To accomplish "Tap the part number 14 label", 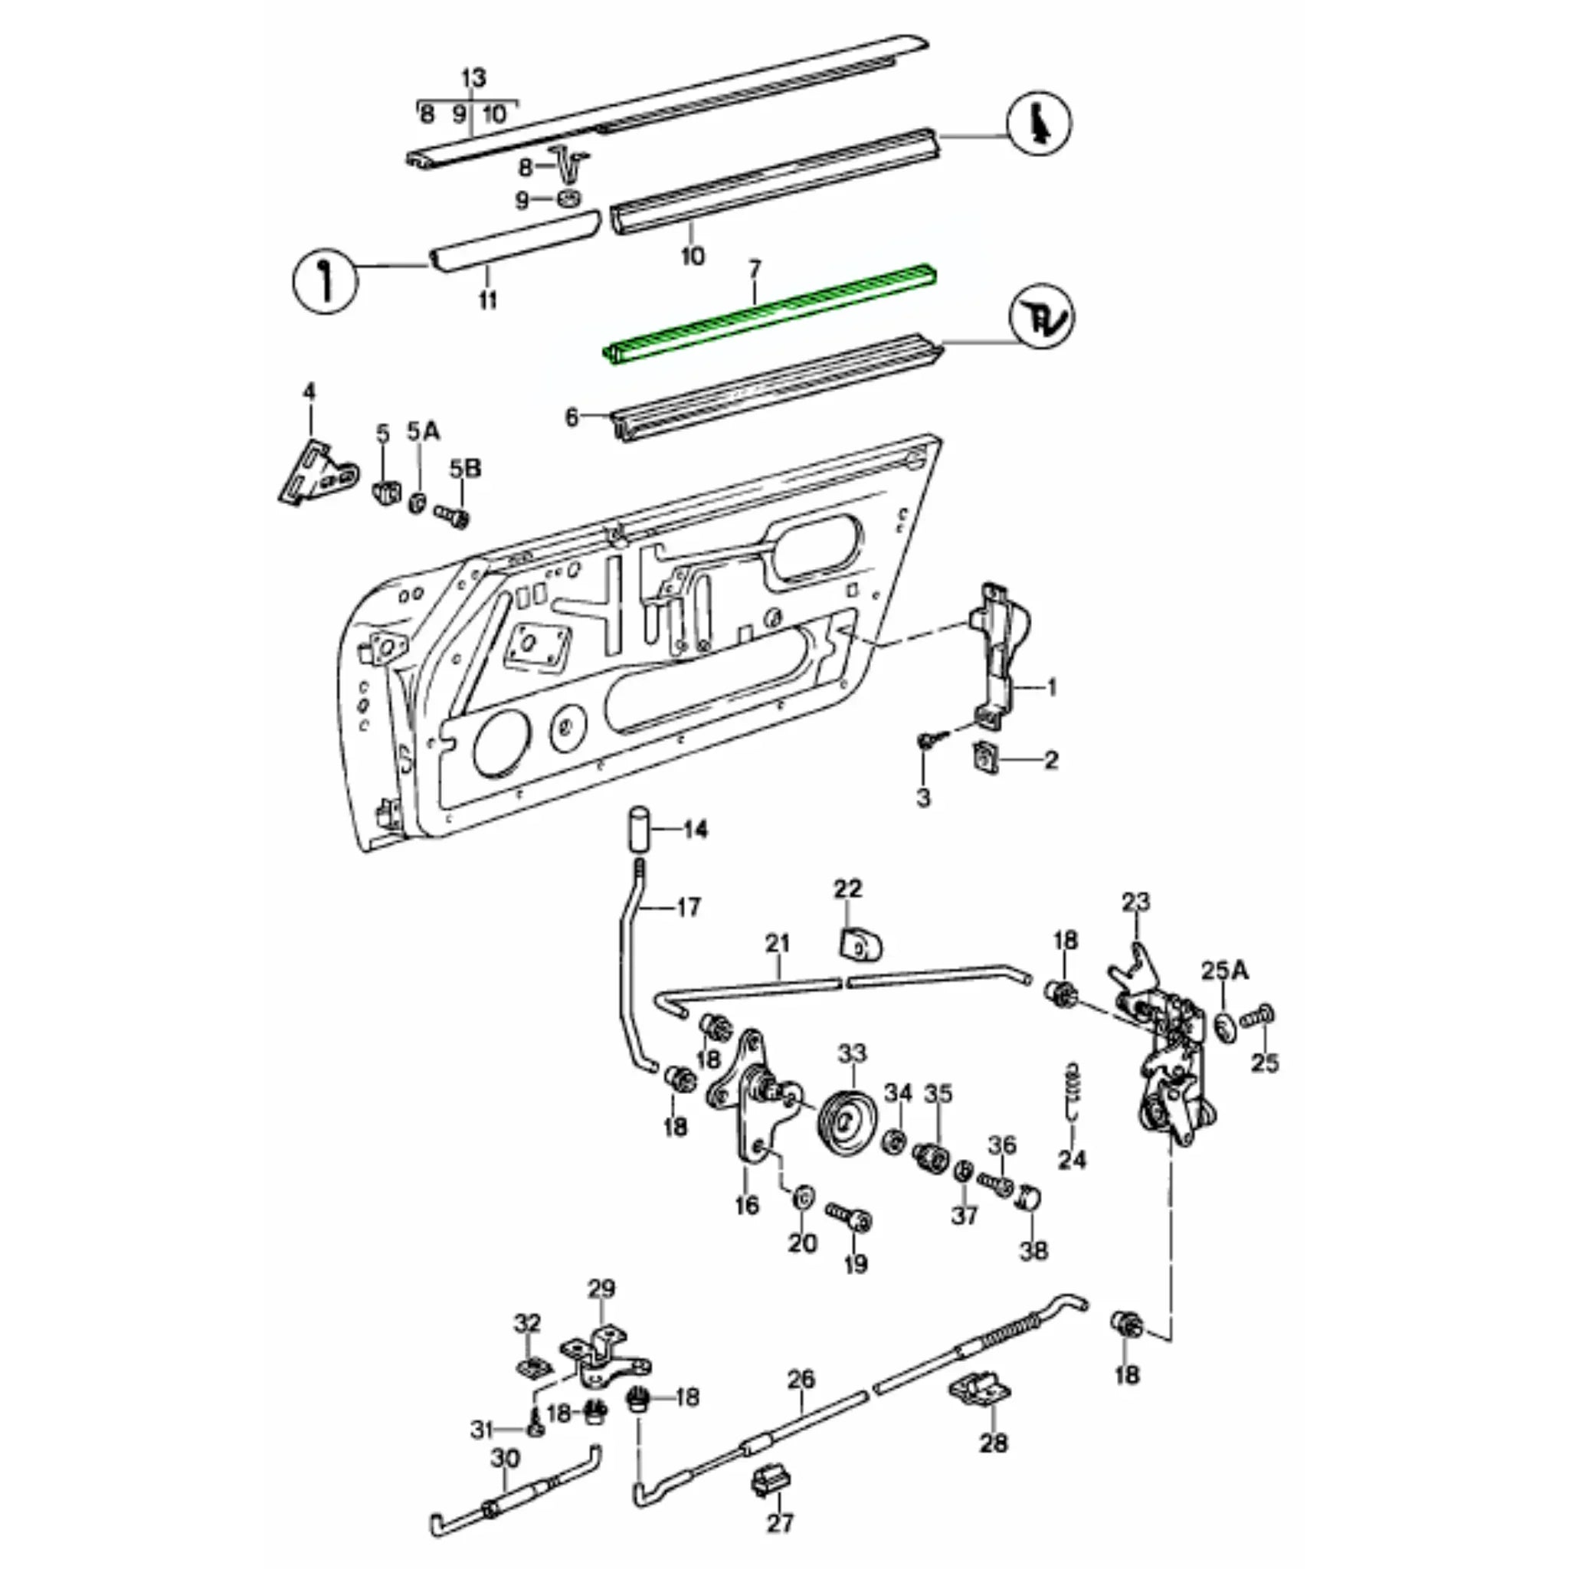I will point(695,830).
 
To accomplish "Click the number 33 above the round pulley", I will point(853,1053).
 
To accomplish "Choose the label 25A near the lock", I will point(1225,970).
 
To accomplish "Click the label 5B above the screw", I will point(465,470).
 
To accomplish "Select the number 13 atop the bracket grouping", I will point(473,79).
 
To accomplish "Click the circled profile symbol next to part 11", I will point(325,280).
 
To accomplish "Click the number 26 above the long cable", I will point(801,1380).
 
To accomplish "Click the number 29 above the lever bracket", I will point(601,1289).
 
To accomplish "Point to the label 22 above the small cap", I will point(847,889).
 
